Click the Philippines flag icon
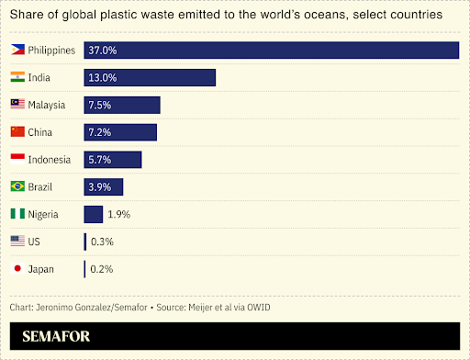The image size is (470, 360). pyautogui.click(x=17, y=50)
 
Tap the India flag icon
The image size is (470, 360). pyautogui.click(x=17, y=77)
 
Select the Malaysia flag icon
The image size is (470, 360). pyautogui.click(x=17, y=105)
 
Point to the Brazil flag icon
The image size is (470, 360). pyautogui.click(x=17, y=186)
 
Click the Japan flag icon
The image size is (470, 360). pyautogui.click(x=17, y=268)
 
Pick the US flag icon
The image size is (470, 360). pyautogui.click(x=17, y=241)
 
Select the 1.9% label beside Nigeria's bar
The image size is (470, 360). pyautogui.click(x=119, y=214)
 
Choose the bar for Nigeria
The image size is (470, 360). pyautogui.click(x=93, y=214)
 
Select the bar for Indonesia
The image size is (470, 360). pyautogui.click(x=113, y=160)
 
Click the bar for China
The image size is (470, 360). pyautogui.click(x=120, y=132)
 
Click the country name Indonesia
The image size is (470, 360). pyautogui.click(x=50, y=160)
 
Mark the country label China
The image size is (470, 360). pyautogui.click(x=40, y=132)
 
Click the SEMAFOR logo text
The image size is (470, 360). pyautogui.click(x=51, y=335)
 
